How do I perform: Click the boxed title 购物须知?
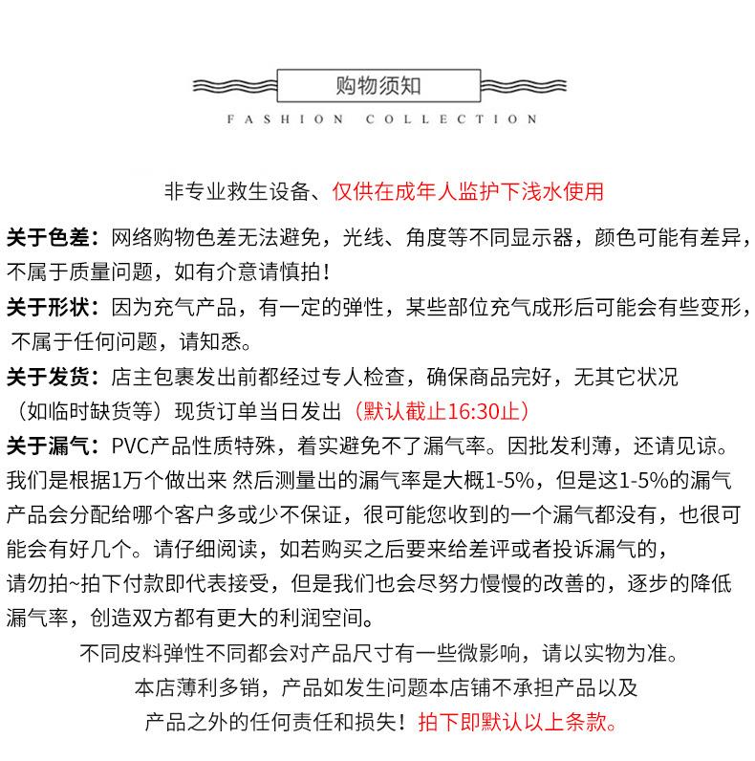[x=378, y=85]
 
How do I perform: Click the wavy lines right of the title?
[x=522, y=86]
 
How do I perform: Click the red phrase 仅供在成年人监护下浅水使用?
[x=467, y=191]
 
